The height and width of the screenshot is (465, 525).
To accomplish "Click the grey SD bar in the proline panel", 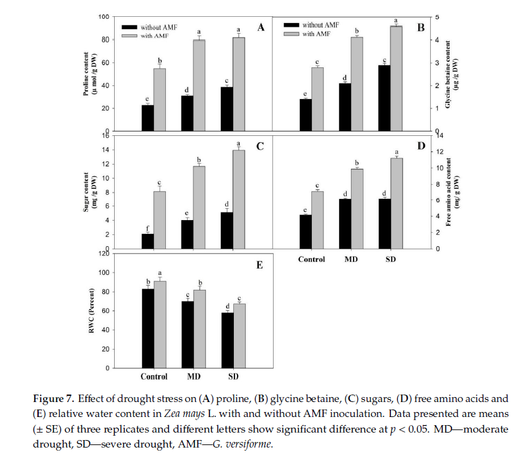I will point(239,84).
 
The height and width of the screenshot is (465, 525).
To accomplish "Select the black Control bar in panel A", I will point(148,118).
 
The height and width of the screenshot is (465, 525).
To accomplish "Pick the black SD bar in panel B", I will point(384,98).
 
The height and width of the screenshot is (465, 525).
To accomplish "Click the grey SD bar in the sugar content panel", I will point(239,199).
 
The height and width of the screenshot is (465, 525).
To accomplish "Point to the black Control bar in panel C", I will point(148,241).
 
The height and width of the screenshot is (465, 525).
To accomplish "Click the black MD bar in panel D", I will point(345,223).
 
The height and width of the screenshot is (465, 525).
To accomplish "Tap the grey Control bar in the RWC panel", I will point(160,324).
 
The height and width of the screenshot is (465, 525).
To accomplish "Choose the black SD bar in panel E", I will point(227,340).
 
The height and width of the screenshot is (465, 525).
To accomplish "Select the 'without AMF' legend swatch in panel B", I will point(290,25).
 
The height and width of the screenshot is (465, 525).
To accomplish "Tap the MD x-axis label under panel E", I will point(193,376).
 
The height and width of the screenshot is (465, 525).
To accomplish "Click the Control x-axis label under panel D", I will point(311,259).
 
